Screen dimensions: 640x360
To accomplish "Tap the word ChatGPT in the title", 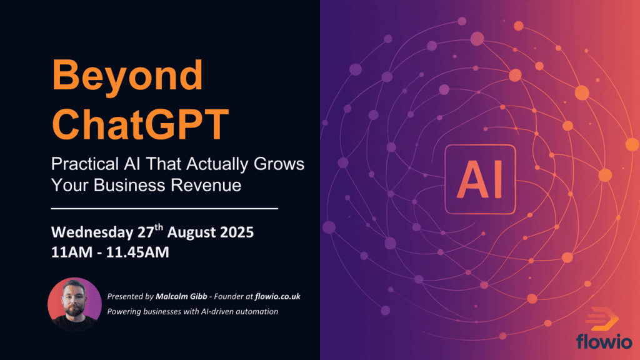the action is tap(140, 124).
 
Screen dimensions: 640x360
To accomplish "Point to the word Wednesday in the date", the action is tap(92, 232).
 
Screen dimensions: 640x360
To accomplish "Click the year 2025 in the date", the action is tap(237, 232).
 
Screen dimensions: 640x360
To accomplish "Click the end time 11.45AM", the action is tap(137, 252).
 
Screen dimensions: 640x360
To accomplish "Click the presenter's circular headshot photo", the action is tap(75, 304).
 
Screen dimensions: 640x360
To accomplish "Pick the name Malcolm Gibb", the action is tap(181, 296).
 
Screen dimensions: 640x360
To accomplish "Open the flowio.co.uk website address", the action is tap(277, 296).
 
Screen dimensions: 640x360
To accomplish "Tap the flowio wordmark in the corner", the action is tap(604, 341).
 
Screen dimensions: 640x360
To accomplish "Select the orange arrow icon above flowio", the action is tap(601, 319).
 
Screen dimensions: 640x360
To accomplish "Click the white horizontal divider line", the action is tap(164, 209).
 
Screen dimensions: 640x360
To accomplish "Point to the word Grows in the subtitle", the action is tap(279, 164).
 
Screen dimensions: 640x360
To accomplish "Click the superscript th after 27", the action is tap(159, 227).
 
